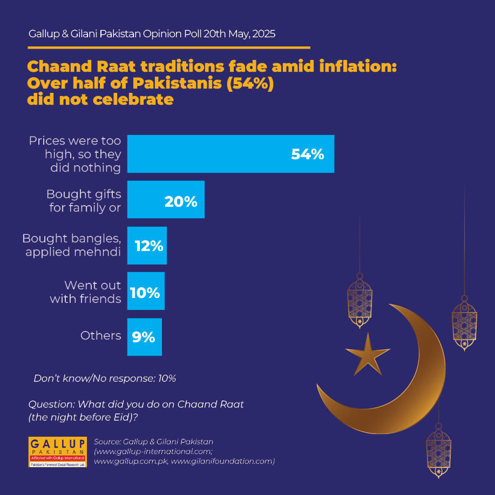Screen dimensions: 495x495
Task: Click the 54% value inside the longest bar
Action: pos(308,154)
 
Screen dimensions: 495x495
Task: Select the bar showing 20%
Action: pos(166,200)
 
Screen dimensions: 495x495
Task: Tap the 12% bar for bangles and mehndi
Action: pos(147,245)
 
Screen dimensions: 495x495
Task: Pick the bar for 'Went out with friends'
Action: pos(146,291)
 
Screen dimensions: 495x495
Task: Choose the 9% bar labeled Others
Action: pos(145,337)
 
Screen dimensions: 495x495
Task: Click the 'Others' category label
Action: pos(101,336)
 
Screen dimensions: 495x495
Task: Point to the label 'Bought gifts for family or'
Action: pos(84,201)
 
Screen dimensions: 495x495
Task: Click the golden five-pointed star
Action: pos(368,355)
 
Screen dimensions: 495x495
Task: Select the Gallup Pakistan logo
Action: pos(57,452)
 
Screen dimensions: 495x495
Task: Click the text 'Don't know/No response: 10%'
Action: pos(105,378)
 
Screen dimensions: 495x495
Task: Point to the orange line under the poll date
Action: pos(169,48)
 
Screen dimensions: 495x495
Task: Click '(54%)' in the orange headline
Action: pos(250,84)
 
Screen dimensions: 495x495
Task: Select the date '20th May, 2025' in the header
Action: pos(239,34)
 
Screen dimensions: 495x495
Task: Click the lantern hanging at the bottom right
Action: pos(438,451)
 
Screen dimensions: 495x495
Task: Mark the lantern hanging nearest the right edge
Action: pos(464,323)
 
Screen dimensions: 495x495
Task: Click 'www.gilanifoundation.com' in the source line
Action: pos(223,461)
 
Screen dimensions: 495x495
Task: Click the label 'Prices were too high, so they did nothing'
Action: pos(75,154)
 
